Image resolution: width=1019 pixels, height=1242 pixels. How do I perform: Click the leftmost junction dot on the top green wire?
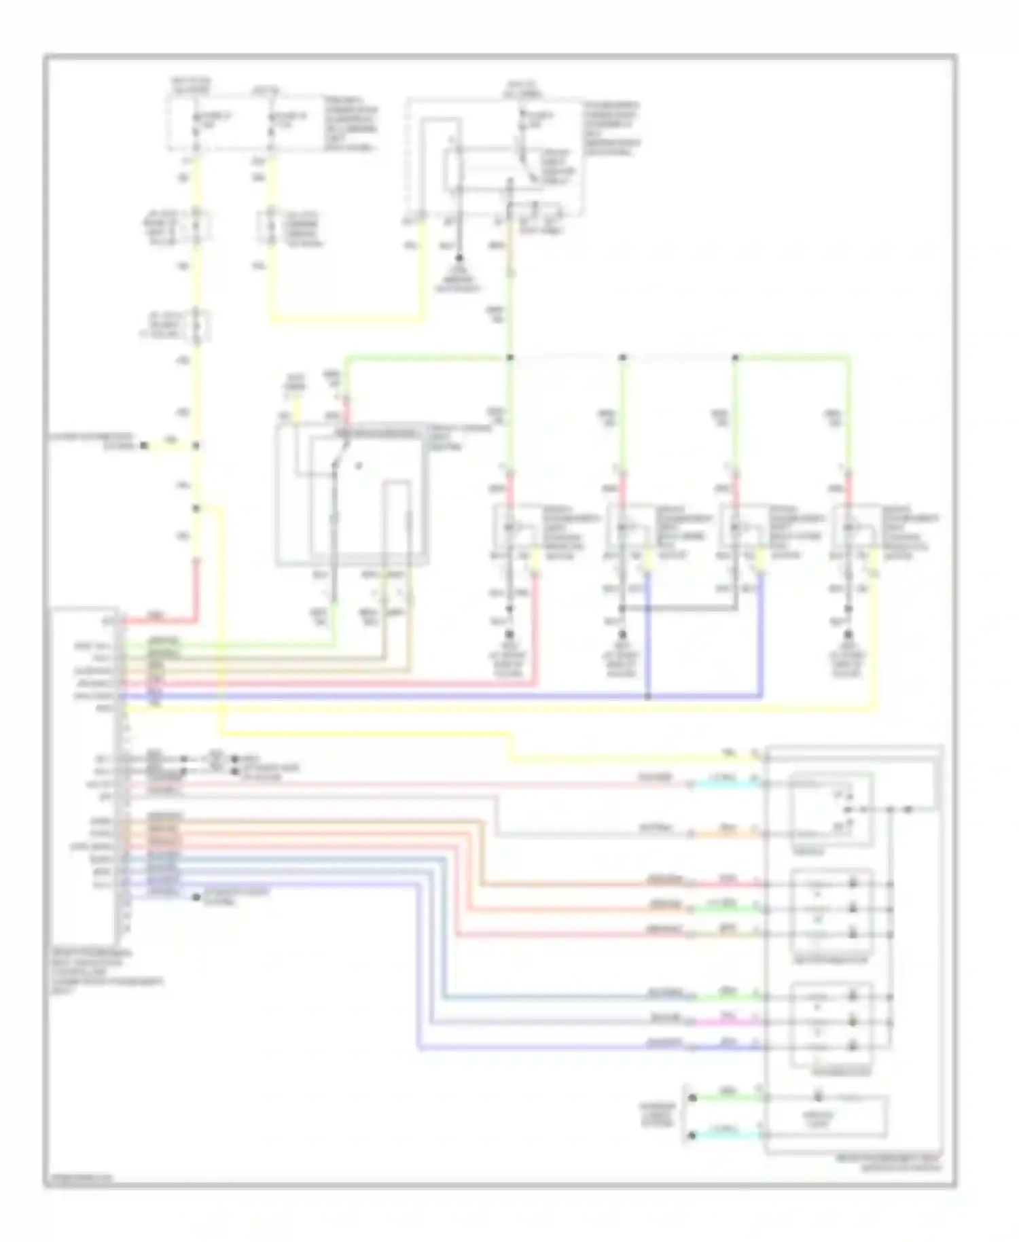click(509, 357)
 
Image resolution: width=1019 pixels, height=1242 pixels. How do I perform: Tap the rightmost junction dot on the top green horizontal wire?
click(736, 357)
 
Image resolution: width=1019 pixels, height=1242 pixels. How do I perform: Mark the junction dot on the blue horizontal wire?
click(647, 696)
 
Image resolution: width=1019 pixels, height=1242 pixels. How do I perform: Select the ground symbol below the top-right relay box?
click(459, 259)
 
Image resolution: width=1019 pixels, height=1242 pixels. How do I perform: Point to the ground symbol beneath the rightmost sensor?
click(847, 635)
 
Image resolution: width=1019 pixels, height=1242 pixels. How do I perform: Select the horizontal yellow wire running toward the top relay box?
click(346, 319)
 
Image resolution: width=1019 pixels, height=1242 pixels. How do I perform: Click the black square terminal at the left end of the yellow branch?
click(143, 446)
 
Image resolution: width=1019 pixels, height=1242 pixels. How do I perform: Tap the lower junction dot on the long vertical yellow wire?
click(196, 508)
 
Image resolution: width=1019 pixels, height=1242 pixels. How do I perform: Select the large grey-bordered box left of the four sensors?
click(352, 494)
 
